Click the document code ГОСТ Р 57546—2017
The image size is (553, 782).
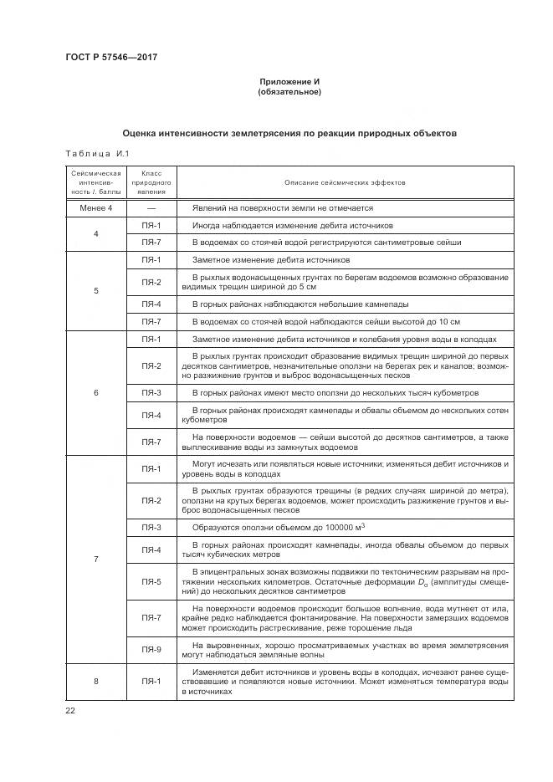tap(111, 57)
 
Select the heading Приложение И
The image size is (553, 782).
tap(290, 81)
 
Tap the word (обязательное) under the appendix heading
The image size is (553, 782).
tap(290, 92)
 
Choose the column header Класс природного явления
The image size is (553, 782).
tap(151, 182)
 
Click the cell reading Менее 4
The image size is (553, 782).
tap(95, 207)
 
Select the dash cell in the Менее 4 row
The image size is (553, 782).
tap(151, 207)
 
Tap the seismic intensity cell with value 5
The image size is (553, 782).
tap(95, 291)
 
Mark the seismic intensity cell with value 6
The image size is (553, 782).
tap(95, 392)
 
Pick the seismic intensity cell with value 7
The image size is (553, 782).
tap(95, 559)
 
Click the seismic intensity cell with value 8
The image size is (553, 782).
tap(95, 681)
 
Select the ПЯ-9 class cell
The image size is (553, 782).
tap(151, 649)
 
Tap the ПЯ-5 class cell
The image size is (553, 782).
tap(151, 581)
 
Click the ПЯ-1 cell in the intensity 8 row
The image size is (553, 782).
tap(151, 681)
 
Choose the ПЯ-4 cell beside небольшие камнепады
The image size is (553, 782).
tap(151, 304)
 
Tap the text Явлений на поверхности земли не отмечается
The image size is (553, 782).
tap(282, 207)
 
